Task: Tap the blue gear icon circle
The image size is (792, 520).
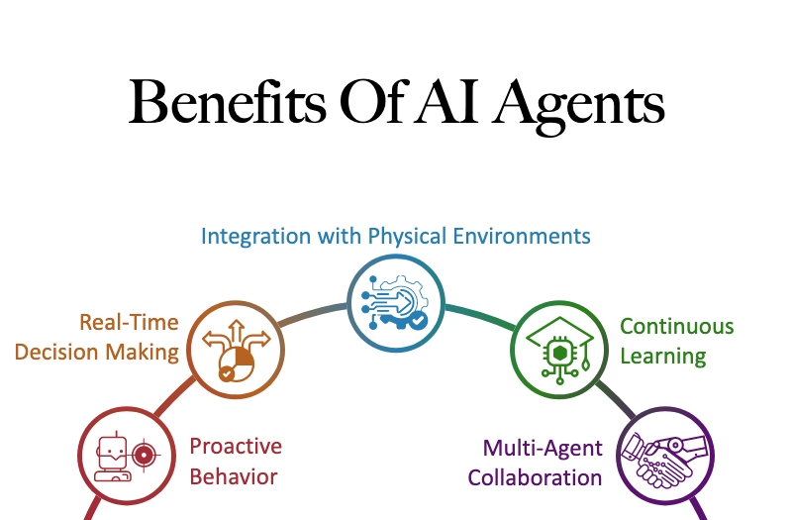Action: [396, 303]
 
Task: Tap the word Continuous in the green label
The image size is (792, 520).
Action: [677, 326]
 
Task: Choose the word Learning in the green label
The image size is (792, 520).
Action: [663, 355]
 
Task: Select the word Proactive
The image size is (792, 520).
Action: [236, 447]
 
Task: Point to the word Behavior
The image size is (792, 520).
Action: [234, 476]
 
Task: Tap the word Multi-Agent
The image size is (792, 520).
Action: [543, 448]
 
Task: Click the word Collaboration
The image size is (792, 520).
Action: [535, 477]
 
